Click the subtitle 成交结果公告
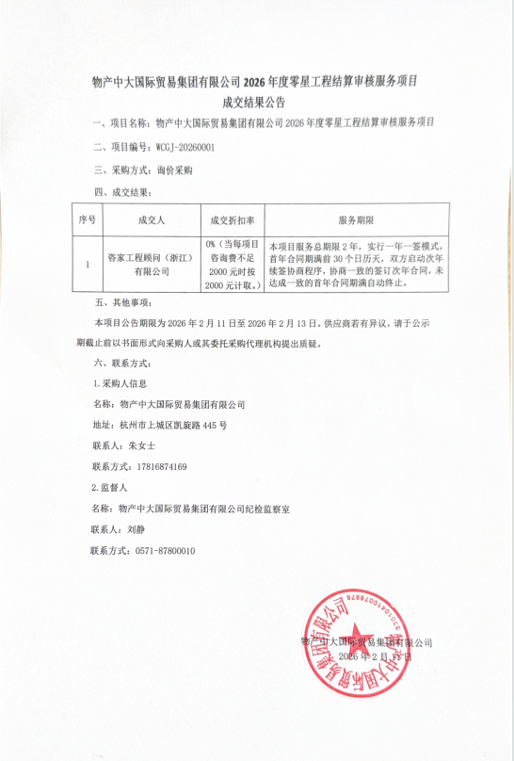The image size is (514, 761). (256, 102)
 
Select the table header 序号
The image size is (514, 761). (88, 219)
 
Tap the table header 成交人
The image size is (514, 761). (151, 219)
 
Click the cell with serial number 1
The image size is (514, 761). (88, 265)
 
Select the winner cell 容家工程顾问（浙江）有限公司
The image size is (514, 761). (151, 265)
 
